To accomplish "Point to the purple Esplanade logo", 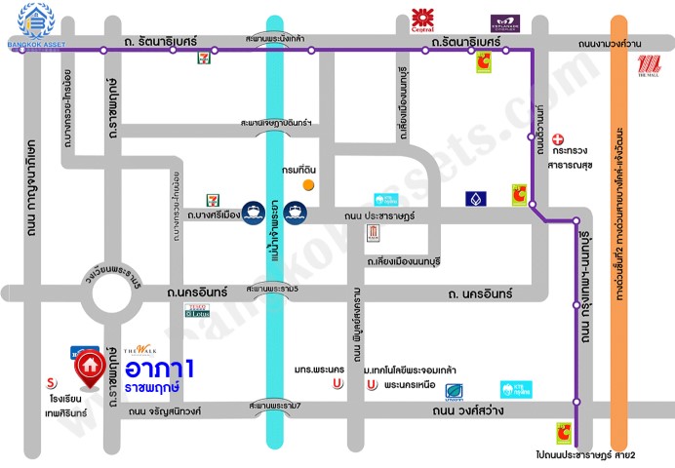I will tap(504, 21).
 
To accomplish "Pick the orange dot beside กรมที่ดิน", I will tap(308, 183).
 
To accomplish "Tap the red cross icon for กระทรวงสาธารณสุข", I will tap(558, 139).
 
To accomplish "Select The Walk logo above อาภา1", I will tap(140, 349).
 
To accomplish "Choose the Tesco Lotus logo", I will tap(198, 312).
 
